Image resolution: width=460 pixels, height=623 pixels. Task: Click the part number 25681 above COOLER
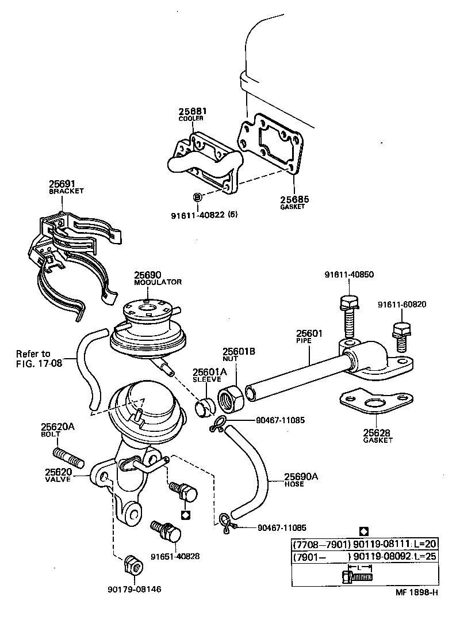pyautogui.click(x=192, y=111)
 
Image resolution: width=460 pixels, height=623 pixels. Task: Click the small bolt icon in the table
pyautogui.click(x=356, y=575)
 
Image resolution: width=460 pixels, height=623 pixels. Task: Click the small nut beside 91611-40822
pyautogui.click(x=198, y=197)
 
